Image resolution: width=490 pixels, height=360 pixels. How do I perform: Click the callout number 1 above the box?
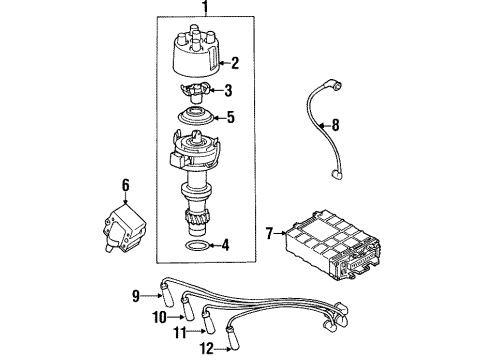205,6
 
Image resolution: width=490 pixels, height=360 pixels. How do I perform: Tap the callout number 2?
235,63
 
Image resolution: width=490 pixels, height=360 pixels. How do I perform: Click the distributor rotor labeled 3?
195,92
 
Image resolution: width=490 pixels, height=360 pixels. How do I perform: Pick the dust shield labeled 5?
196,116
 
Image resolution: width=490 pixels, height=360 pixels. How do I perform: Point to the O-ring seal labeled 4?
197,246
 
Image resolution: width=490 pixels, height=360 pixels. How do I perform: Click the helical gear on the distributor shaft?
197,220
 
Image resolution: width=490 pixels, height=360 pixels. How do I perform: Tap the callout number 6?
125,186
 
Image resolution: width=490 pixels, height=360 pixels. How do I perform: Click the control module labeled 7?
332,245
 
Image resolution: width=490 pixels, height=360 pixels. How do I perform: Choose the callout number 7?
269,233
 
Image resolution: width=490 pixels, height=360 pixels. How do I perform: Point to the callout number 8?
335,125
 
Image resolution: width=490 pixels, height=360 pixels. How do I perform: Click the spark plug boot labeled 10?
187,309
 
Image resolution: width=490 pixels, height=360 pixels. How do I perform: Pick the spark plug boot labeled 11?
208,323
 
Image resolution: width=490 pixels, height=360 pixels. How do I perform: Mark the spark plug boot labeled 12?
233,339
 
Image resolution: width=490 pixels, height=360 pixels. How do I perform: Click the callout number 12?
207,349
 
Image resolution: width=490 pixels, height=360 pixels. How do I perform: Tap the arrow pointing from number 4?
214,246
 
